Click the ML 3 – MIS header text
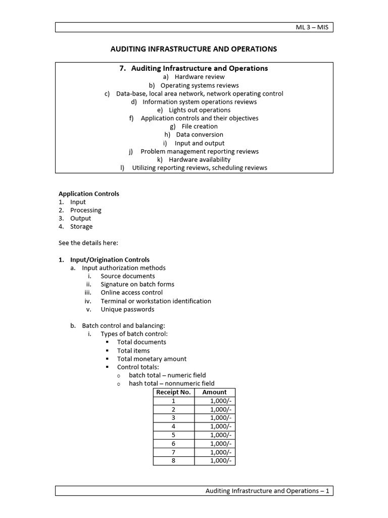(x=312, y=27)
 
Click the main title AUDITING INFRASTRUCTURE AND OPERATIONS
(x=194, y=49)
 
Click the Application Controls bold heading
(x=89, y=194)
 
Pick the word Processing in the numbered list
(x=85, y=210)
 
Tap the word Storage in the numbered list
(x=81, y=227)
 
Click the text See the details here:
(x=88, y=243)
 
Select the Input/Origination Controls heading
(x=110, y=260)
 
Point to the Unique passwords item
(x=127, y=309)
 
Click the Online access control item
(x=131, y=292)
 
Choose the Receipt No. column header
(x=173, y=392)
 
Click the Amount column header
(x=214, y=392)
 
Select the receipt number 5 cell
(x=173, y=435)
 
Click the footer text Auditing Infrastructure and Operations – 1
(x=267, y=491)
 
